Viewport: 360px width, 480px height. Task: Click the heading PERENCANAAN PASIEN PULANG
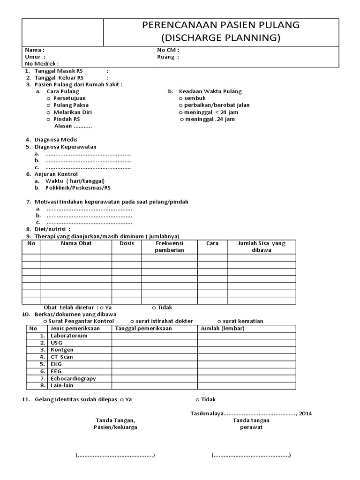[x=221, y=25]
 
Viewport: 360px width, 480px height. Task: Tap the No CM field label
[x=168, y=50]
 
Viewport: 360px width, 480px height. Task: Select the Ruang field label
[x=168, y=57]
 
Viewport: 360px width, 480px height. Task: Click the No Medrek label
[x=42, y=64]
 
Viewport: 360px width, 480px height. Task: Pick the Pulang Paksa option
[x=71, y=105]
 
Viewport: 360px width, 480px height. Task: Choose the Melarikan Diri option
[x=72, y=112]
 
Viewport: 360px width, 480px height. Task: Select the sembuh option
[x=195, y=98]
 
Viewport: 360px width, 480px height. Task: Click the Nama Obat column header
[x=76, y=243]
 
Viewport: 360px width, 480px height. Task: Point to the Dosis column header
[x=127, y=243]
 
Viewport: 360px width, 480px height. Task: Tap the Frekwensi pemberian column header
[x=169, y=247]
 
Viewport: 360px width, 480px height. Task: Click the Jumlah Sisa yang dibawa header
[x=261, y=247]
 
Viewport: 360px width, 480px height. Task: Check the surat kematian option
[x=243, y=321]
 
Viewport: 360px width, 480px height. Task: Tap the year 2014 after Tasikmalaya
[x=305, y=413]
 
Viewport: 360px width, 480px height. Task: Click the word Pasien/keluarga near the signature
[x=117, y=427]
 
